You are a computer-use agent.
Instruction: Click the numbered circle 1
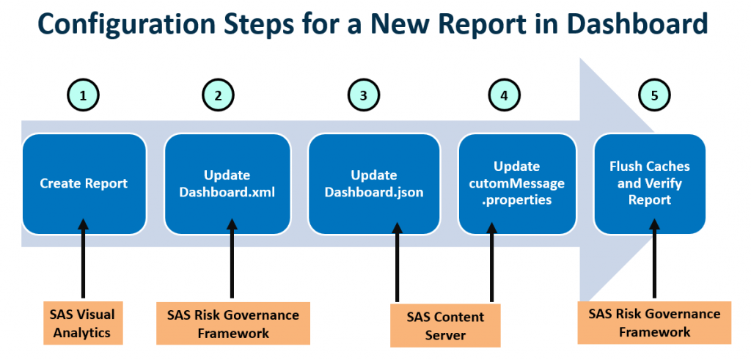[84, 95]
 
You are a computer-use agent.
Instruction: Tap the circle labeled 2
[218, 95]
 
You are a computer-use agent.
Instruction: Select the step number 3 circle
[363, 95]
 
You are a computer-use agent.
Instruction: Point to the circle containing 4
[504, 95]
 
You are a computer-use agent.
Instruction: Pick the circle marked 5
[654, 95]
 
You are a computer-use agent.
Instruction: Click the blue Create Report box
[84, 184]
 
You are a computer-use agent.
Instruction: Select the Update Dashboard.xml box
[227, 184]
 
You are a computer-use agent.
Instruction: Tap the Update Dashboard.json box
[373, 184]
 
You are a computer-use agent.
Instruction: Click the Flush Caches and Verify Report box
[649, 183]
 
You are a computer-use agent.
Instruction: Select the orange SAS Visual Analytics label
[82, 323]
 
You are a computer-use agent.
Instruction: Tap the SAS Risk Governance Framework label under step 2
[232, 323]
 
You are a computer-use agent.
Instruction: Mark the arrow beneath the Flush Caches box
[654, 264]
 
